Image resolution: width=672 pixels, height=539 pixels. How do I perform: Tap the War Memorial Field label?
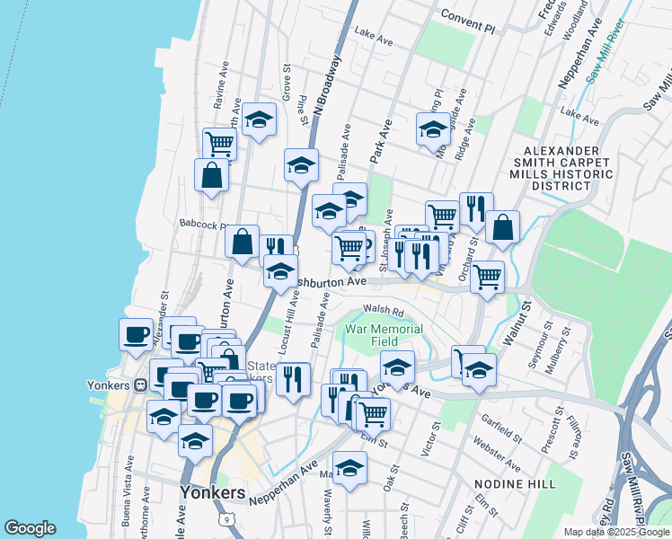384,335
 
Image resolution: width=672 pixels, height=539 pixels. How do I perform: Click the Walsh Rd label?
381,310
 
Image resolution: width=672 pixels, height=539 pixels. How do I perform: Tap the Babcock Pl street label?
201,226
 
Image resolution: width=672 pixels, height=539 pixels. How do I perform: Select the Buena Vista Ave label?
127,490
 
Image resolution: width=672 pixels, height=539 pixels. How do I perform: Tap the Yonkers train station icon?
140,384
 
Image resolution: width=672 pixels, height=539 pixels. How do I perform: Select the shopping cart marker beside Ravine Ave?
219,142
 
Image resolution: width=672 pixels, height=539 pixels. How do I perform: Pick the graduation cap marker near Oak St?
349,466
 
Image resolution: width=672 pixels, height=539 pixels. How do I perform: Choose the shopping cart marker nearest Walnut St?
487,275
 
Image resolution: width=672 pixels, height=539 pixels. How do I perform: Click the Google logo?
30,528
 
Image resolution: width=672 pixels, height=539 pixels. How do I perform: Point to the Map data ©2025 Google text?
616,532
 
